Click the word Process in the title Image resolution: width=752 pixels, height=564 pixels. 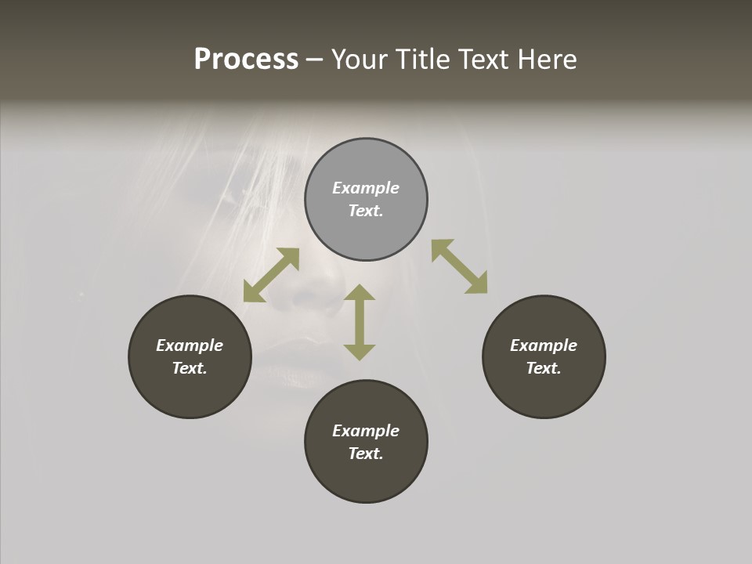(246, 60)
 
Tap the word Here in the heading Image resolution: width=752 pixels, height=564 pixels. (546, 60)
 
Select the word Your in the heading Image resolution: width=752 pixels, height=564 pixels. (360, 60)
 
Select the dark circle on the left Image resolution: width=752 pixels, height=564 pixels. (190, 392)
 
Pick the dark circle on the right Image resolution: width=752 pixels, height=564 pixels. (544, 392)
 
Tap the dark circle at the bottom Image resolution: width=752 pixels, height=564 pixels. (366, 478)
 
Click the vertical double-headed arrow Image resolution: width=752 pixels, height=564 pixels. (360, 322)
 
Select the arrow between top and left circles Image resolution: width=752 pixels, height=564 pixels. (271, 275)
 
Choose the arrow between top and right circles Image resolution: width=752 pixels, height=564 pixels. (459, 266)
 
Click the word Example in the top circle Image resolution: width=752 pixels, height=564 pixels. (366, 188)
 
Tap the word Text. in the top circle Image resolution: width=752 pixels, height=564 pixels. (366, 211)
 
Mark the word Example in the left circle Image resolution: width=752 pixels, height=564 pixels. (190, 345)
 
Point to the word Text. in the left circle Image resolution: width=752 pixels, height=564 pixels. (190, 368)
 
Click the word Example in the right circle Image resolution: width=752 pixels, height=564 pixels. (544, 345)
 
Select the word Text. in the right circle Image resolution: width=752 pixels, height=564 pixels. (544, 368)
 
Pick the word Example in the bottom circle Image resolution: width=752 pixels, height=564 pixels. (366, 431)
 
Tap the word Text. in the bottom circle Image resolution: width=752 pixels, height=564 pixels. (366, 454)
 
